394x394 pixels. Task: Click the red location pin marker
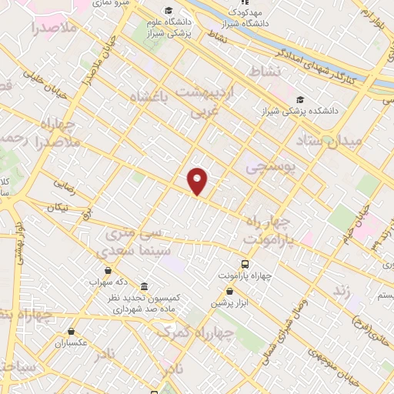pyautogui.click(x=198, y=181)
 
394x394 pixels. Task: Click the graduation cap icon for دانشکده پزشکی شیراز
pyautogui.click(x=299, y=100)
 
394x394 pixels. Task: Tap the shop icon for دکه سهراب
pyautogui.click(x=107, y=270)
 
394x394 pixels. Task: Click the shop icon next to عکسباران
pyautogui.click(x=71, y=331)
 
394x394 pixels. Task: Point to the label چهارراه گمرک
pyautogui.click(x=182, y=332)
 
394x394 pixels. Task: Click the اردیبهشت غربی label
pyautogui.click(x=208, y=101)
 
